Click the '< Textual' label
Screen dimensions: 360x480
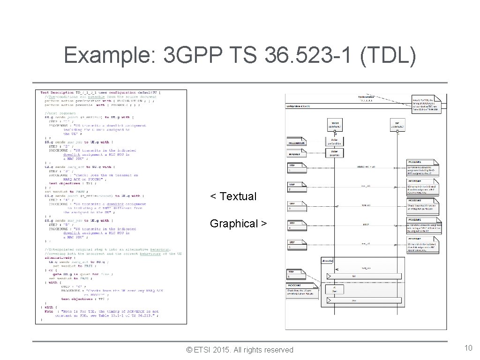pyautogui.click(x=233, y=196)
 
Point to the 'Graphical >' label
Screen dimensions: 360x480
pyautogui.click(x=238, y=224)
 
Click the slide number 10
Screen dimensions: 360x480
pyautogui.click(x=468, y=348)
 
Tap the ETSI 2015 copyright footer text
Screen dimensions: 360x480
pyautogui.click(x=240, y=350)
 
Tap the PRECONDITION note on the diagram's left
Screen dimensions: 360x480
pyautogui.click(x=296, y=142)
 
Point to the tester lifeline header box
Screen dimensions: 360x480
pyautogui.click(x=335, y=125)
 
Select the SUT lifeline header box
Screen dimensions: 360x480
pyautogui.click(x=397, y=125)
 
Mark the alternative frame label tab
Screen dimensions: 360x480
pyautogui.click(x=327, y=260)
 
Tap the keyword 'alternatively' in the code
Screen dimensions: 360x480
pyautogui.click(x=59, y=257)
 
